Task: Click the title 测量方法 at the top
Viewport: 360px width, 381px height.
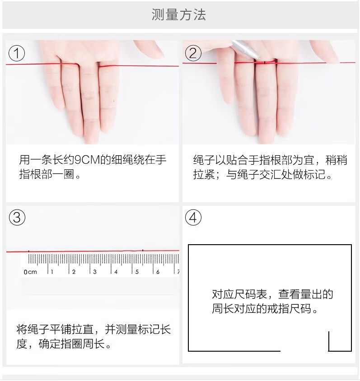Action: [179, 14]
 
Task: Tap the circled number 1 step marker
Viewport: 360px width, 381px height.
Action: [17, 53]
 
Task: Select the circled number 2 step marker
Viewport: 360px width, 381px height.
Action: [193, 53]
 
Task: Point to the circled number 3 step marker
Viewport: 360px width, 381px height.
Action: [17, 217]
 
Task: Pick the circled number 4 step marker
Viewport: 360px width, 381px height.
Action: [193, 217]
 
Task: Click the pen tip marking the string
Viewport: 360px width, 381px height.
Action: [261, 60]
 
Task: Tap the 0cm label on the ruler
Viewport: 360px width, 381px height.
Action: [30, 272]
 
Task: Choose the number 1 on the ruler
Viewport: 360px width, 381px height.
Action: [52, 272]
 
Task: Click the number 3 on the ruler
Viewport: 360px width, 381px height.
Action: [95, 272]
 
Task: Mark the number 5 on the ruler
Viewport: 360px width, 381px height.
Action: [137, 272]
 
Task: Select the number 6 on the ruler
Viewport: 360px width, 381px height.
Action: [158, 272]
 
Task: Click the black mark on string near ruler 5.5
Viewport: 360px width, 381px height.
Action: [143, 250]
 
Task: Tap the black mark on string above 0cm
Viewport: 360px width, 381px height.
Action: [29, 251]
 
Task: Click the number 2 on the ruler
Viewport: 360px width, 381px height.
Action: [74, 272]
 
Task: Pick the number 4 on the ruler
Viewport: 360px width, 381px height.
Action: [116, 272]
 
